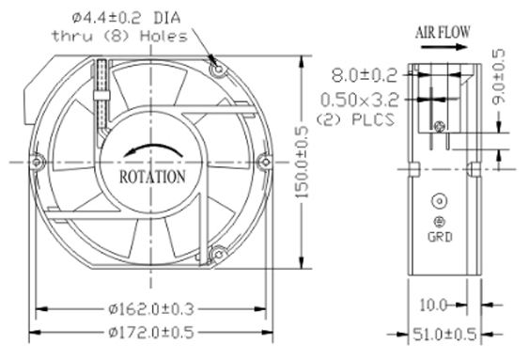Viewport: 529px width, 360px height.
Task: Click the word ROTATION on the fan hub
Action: point(152,177)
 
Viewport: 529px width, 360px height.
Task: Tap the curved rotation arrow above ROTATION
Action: point(152,147)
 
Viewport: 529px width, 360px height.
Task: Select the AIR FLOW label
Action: point(443,32)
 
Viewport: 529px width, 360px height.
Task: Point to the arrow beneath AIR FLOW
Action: point(444,47)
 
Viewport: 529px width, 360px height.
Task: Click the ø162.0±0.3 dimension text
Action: point(151,308)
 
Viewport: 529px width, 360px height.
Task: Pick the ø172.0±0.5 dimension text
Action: point(151,333)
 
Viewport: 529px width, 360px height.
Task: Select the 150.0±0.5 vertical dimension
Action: point(302,162)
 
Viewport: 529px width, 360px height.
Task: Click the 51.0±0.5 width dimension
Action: point(444,335)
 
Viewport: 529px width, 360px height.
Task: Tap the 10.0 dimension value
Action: point(433,305)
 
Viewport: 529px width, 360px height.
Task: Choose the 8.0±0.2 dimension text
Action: point(365,75)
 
